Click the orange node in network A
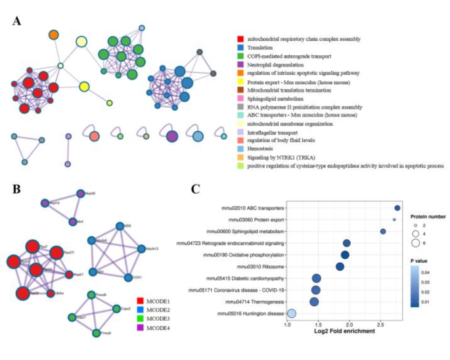54,35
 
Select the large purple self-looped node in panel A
172,136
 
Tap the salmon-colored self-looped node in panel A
94,136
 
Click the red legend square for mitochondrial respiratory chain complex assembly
242,39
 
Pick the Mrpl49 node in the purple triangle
79,194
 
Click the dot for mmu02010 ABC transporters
397,208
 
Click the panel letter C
195,189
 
